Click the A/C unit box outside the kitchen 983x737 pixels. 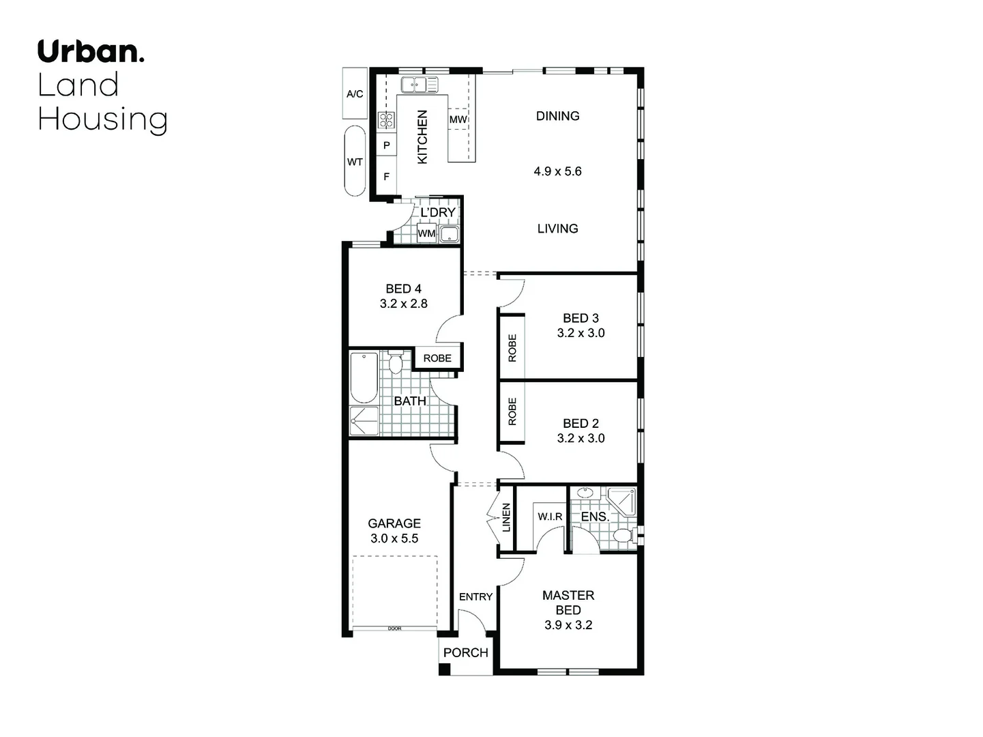point(355,93)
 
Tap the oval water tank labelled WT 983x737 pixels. point(355,162)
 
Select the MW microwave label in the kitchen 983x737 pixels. point(458,120)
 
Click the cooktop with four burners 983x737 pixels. point(387,121)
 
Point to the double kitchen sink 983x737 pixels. point(419,85)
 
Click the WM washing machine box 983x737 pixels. point(426,233)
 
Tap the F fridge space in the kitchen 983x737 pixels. point(387,177)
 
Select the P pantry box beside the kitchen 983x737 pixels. point(387,145)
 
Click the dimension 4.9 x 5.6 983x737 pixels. point(557,171)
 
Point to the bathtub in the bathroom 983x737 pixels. point(364,378)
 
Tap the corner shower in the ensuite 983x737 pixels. point(622,502)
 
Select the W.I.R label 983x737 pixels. point(550,517)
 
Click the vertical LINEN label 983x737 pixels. point(506,517)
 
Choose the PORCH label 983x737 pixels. point(466,652)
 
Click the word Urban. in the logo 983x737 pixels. point(91,52)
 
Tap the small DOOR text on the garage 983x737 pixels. point(394,628)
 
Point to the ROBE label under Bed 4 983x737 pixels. point(437,358)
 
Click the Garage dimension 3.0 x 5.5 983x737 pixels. point(394,538)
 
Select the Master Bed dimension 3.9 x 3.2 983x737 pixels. point(568,625)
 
